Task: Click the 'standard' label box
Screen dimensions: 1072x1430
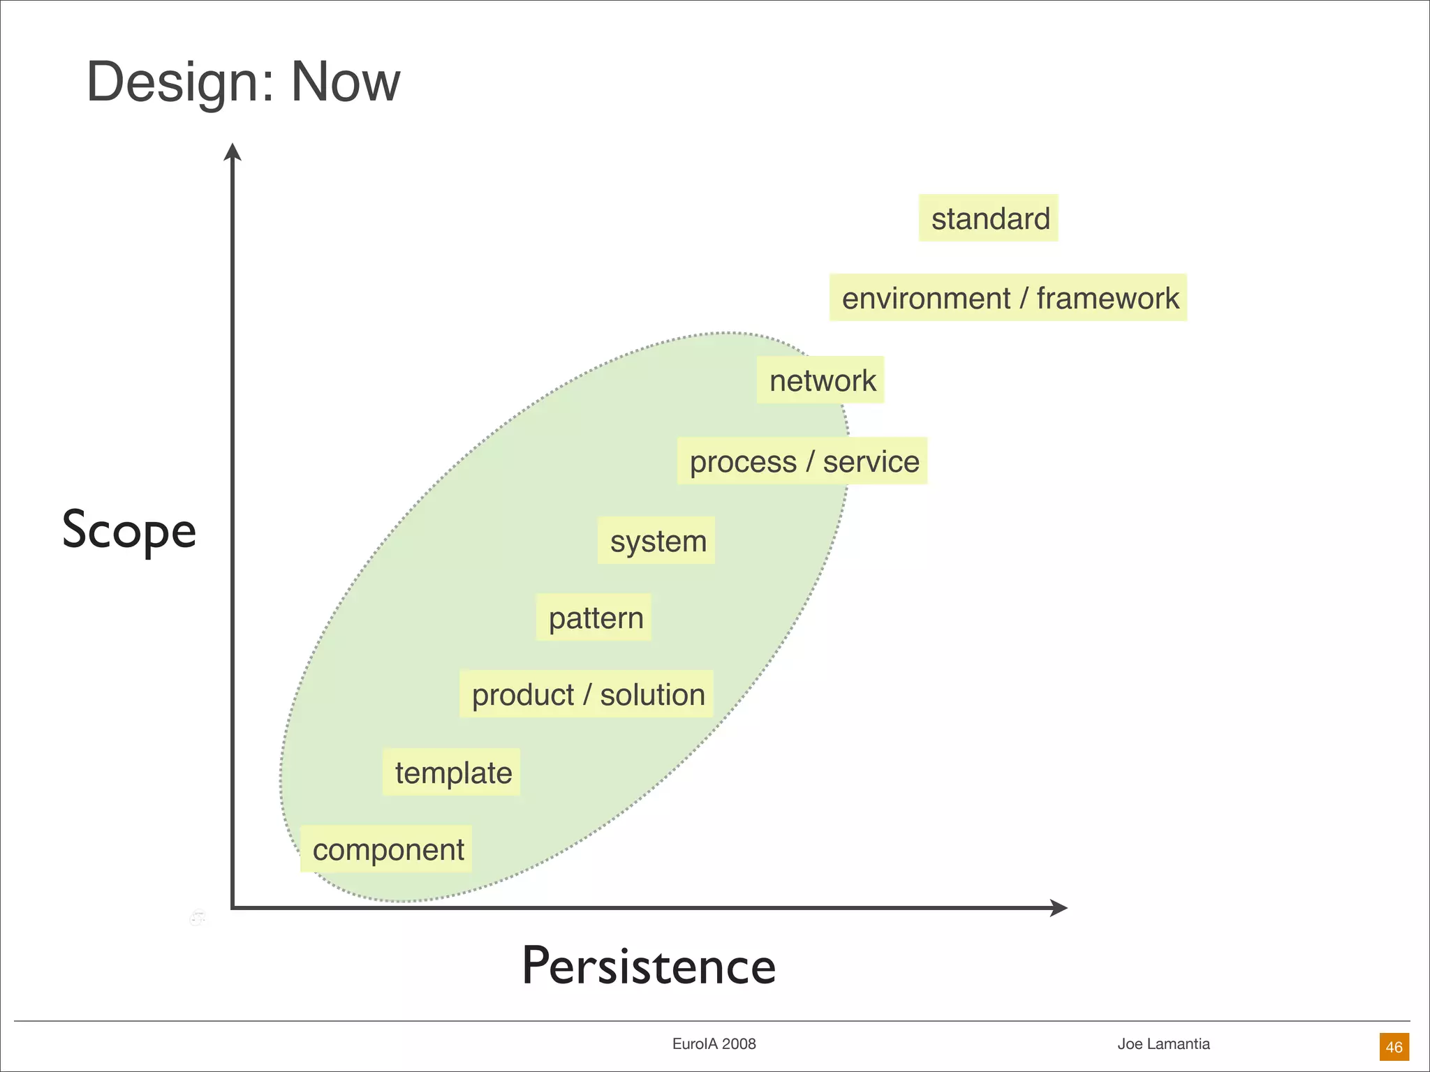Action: pyautogui.click(x=988, y=218)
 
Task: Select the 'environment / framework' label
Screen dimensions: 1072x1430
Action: pyautogui.click(x=1008, y=298)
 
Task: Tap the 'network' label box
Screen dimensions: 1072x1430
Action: pyautogui.click(x=820, y=380)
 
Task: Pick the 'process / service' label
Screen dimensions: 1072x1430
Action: pyautogui.click(x=802, y=461)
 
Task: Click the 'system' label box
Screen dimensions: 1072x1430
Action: pyautogui.click(x=656, y=541)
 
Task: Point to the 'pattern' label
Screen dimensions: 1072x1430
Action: pyautogui.click(x=594, y=618)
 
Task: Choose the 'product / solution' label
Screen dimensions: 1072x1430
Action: pyautogui.click(x=587, y=694)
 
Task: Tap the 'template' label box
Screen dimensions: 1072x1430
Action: pyautogui.click(x=452, y=773)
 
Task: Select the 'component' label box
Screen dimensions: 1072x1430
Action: pyautogui.click(x=387, y=849)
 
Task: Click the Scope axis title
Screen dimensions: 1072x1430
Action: pyautogui.click(x=129, y=530)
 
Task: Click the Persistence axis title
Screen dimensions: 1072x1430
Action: pyautogui.click(x=649, y=967)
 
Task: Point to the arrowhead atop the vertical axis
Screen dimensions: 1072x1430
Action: pyautogui.click(x=233, y=151)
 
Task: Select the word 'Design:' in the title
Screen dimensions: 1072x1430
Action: pyautogui.click(x=182, y=82)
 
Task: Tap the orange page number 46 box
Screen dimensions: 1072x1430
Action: pyautogui.click(x=1394, y=1047)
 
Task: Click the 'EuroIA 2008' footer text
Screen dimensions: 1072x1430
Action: pyautogui.click(x=714, y=1044)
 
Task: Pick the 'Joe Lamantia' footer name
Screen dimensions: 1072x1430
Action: pyautogui.click(x=1163, y=1044)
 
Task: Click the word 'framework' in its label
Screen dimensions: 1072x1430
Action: pyautogui.click(x=1107, y=298)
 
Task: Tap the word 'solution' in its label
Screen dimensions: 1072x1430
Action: pyautogui.click(x=652, y=694)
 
